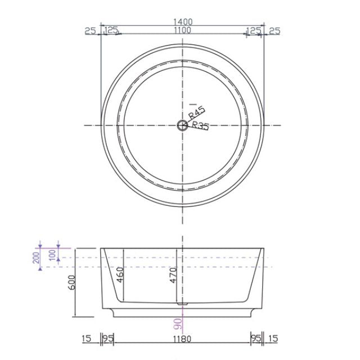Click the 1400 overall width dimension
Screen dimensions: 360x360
[x=183, y=21]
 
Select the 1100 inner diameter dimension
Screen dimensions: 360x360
[x=183, y=31]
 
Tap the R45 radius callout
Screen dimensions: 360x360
[x=197, y=113]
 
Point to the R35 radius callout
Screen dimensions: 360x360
[x=200, y=125]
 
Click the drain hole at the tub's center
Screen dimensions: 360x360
[x=182, y=125]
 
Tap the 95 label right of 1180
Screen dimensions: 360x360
[x=256, y=339]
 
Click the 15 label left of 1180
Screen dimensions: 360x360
[x=87, y=339]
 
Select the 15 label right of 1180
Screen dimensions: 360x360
[x=273, y=339]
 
